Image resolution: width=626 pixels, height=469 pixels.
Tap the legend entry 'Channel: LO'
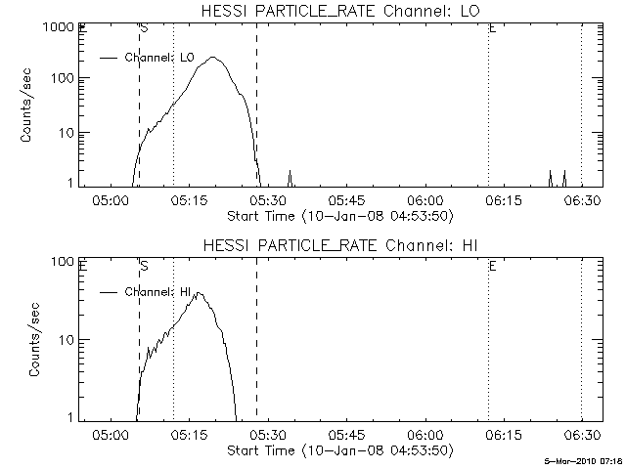(161, 58)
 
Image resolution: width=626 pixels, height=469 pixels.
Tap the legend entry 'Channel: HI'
(161, 291)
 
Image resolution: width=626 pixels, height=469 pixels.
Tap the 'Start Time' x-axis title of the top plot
(337, 215)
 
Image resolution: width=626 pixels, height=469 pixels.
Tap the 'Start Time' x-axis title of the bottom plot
(337, 450)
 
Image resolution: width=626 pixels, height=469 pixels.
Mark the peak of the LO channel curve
(213, 57)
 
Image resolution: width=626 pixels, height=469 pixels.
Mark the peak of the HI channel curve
(200, 291)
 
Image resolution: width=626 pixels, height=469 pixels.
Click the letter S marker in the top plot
(145, 28)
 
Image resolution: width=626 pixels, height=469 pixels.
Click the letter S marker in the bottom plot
(145, 265)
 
